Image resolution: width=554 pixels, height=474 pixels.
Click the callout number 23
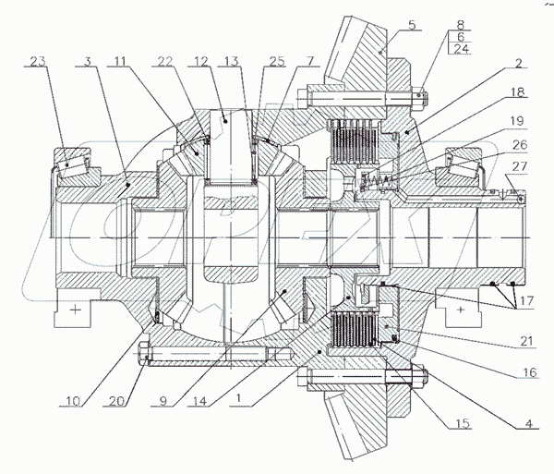coord(38,61)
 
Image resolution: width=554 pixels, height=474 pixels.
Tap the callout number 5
coord(412,26)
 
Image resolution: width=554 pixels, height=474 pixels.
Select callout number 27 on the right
coord(519,166)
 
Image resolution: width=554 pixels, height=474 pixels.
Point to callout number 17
coord(526,301)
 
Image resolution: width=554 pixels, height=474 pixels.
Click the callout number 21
coord(526,341)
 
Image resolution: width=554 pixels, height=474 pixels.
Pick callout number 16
coord(530,371)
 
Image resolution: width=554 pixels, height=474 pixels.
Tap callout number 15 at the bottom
coord(463,423)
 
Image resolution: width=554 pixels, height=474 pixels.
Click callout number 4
coord(528,423)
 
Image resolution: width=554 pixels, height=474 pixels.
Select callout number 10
coord(73,401)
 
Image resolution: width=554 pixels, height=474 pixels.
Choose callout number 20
coord(117,401)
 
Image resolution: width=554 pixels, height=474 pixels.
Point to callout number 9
coord(163,401)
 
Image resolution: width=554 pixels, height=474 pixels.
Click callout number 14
coord(200,401)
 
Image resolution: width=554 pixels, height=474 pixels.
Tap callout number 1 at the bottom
coord(239,398)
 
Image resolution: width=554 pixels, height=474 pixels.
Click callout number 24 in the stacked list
coord(461,48)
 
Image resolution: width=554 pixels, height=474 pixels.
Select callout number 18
coord(518,91)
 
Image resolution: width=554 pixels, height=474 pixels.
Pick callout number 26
coord(519,144)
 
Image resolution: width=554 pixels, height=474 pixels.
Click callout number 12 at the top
coord(201,61)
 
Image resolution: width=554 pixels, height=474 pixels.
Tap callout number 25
coord(277,61)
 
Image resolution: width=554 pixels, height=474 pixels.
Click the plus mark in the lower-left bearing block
coord(76,310)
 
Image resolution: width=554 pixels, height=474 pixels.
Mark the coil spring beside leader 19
coord(379,180)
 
